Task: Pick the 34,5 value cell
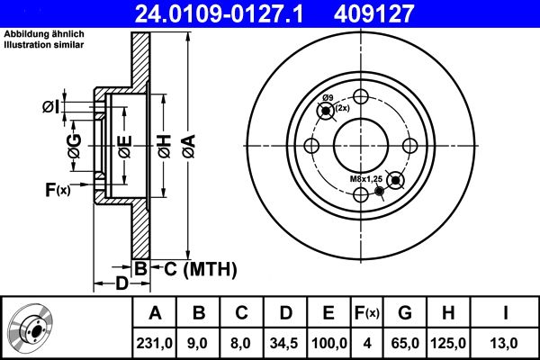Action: [x=283, y=341]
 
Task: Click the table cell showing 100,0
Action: [x=328, y=341]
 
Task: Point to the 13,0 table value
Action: [x=507, y=341]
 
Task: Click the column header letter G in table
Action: [x=405, y=313]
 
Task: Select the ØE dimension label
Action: [x=124, y=144]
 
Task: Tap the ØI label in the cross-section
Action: [x=51, y=108]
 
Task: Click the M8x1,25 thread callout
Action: [x=365, y=180]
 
